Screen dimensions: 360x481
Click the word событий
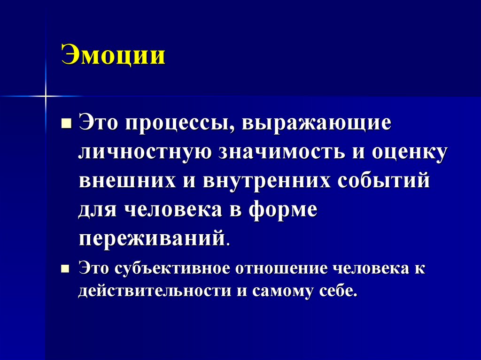[391, 181]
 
